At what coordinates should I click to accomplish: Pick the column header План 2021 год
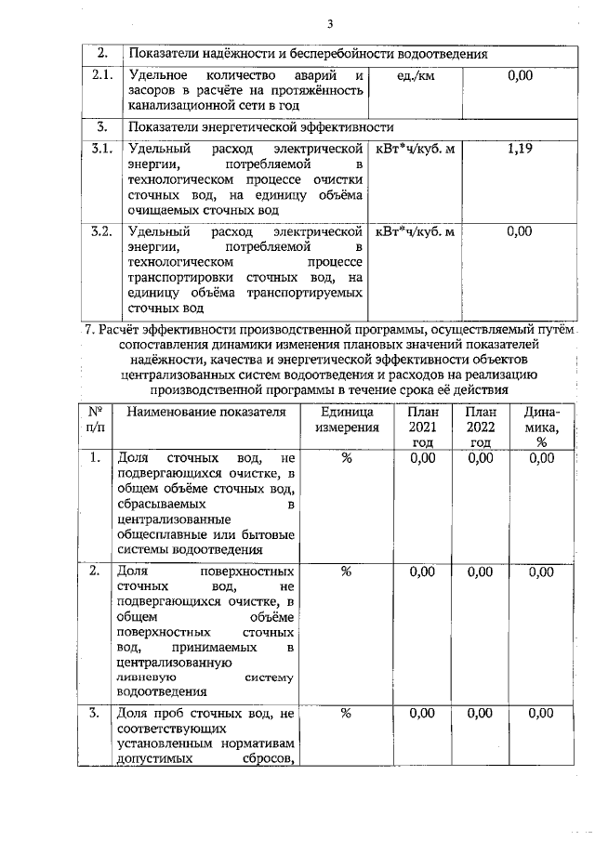[x=421, y=427]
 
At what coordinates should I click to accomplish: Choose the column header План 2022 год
[x=480, y=427]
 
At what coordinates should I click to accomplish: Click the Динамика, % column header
[x=540, y=427]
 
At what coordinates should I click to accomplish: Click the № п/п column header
[x=95, y=419]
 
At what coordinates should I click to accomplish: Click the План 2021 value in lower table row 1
[x=421, y=458]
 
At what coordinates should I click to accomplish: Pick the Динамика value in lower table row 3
[x=540, y=714]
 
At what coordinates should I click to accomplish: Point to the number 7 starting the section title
[x=88, y=328]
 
